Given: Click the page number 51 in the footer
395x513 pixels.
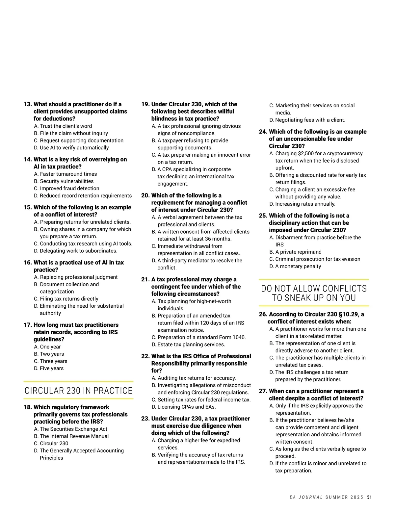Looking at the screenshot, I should tap(369, 497).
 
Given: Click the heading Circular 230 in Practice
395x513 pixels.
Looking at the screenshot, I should tap(78, 391).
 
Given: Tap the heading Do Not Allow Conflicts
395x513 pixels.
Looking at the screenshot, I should tap(314, 293).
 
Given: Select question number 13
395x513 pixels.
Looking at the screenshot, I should tap(28, 104).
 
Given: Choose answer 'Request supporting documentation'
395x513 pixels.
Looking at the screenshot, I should tap(82, 141).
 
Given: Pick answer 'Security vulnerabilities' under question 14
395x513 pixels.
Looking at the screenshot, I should tap(66, 181).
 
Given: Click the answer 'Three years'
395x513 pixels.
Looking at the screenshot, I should tap(53, 361).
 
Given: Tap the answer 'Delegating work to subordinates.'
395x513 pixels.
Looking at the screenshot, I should tap(78, 251).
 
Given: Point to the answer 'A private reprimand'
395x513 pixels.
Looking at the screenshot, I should tap(298, 252).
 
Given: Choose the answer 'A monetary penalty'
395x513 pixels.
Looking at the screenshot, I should tap(298, 267).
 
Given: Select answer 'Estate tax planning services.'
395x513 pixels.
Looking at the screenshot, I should tap(191, 345).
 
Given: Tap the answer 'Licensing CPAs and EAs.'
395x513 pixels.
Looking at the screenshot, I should tap(186, 407).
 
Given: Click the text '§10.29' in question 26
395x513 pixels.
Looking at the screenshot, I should tap(342, 314).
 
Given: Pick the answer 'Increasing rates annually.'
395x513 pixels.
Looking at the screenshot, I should tap(305, 204).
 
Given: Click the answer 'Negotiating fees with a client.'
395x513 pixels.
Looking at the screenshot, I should tap(310, 120).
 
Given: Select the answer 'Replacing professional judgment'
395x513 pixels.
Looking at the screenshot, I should tap(79, 277).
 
